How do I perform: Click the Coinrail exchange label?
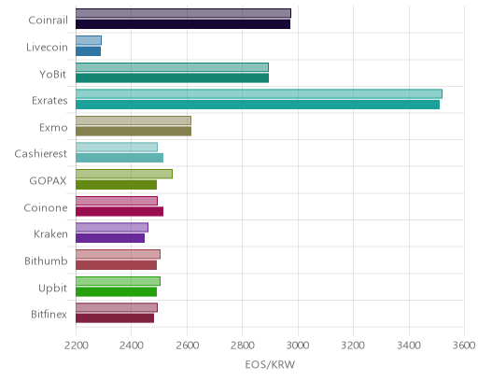click(48, 21)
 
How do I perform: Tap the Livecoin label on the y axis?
click(47, 48)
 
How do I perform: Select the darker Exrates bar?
click(258, 105)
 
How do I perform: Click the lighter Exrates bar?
click(259, 93)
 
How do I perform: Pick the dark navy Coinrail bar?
click(183, 24)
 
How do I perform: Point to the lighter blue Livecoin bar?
click(89, 40)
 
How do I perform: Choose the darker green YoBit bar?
click(172, 78)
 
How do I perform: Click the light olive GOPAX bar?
click(124, 174)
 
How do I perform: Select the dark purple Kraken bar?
click(110, 238)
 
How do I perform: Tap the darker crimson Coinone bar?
click(119, 212)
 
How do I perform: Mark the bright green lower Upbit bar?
click(116, 292)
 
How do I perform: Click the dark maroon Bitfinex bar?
click(115, 318)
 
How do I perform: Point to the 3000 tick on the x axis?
click(298, 346)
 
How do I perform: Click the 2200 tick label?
click(76, 346)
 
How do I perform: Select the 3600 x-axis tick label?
click(464, 346)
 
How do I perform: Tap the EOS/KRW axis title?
click(270, 365)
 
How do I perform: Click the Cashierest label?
click(41, 154)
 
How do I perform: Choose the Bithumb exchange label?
click(46, 261)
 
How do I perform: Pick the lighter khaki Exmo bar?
click(134, 120)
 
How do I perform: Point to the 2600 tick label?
click(187, 346)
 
